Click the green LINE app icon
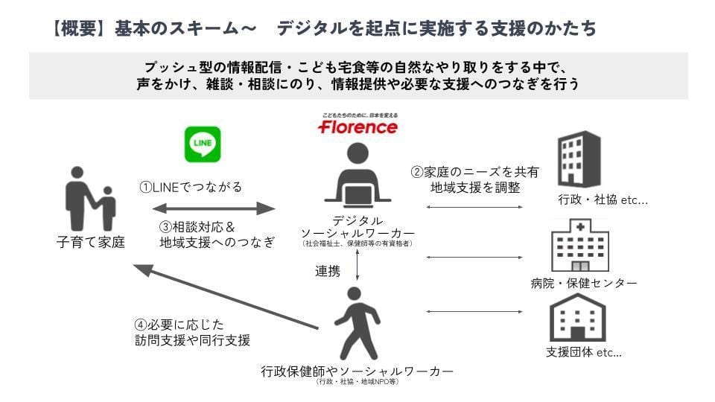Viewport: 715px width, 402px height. click(x=203, y=144)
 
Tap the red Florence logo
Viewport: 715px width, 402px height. click(x=357, y=127)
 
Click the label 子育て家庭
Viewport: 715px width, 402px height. click(x=90, y=243)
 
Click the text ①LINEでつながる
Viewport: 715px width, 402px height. click(x=191, y=188)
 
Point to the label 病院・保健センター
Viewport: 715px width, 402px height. click(x=583, y=283)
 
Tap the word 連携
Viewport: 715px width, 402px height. click(x=328, y=272)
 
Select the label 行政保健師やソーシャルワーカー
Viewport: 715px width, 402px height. click(x=357, y=371)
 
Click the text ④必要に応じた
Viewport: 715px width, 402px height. click(x=179, y=325)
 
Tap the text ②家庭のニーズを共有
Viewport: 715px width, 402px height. click(x=475, y=172)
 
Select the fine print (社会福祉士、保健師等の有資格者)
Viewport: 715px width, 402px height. click(x=357, y=243)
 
